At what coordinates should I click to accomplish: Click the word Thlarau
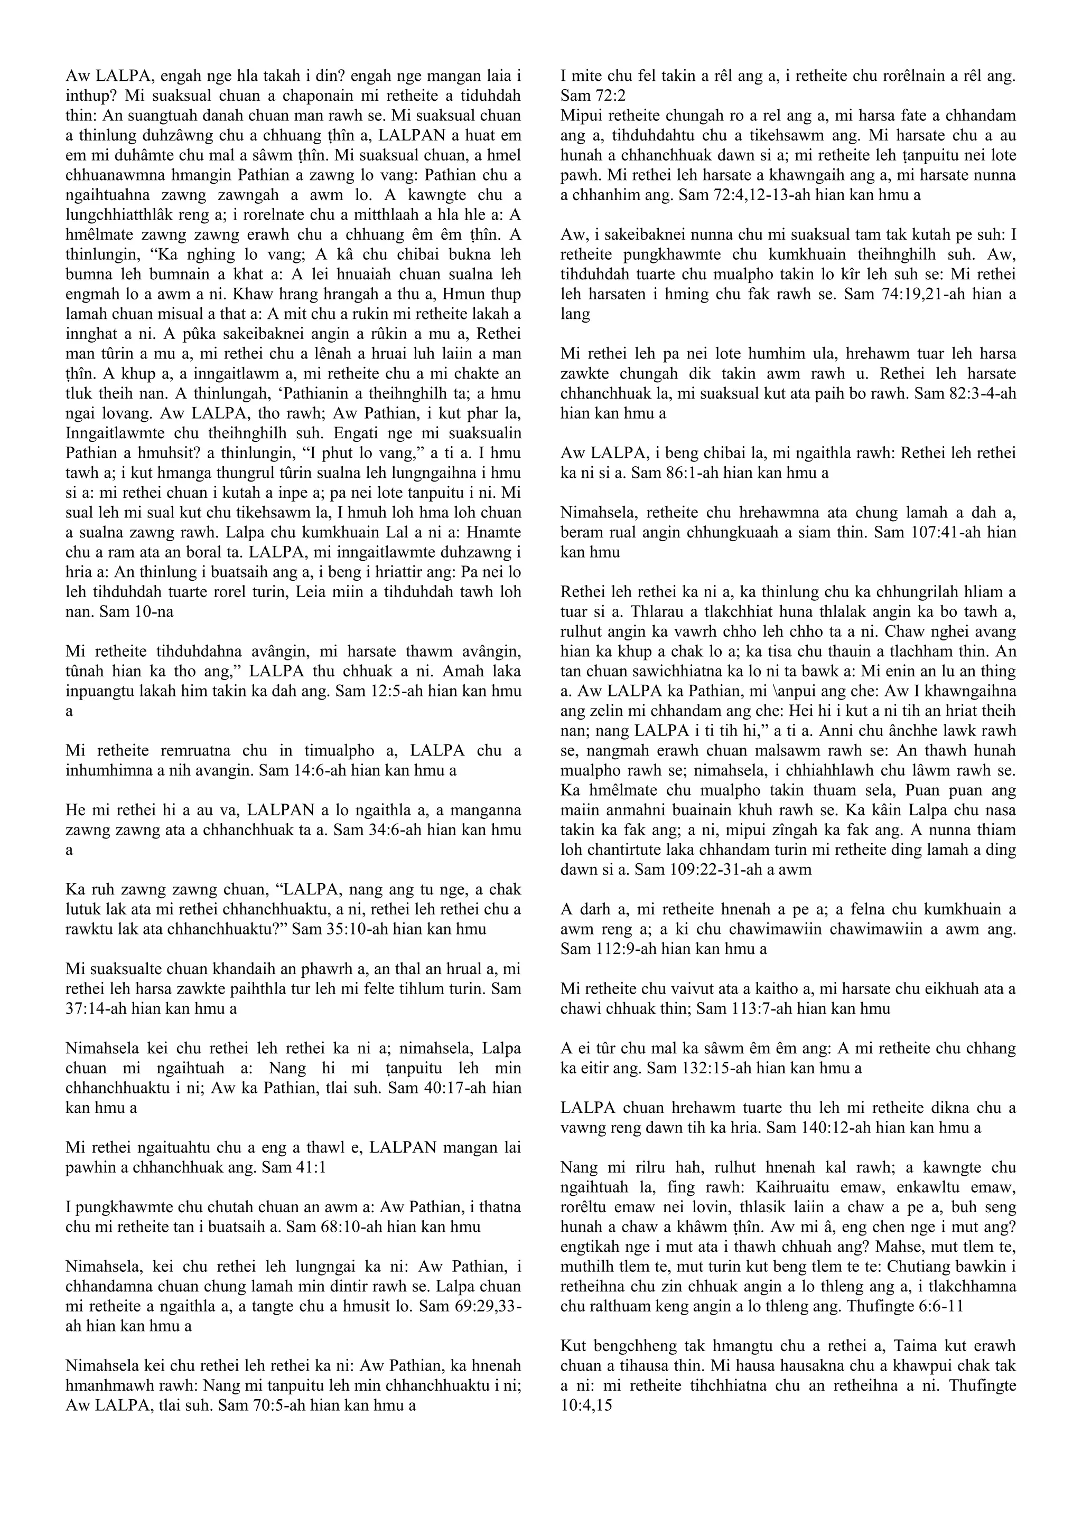pos(586,612)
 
